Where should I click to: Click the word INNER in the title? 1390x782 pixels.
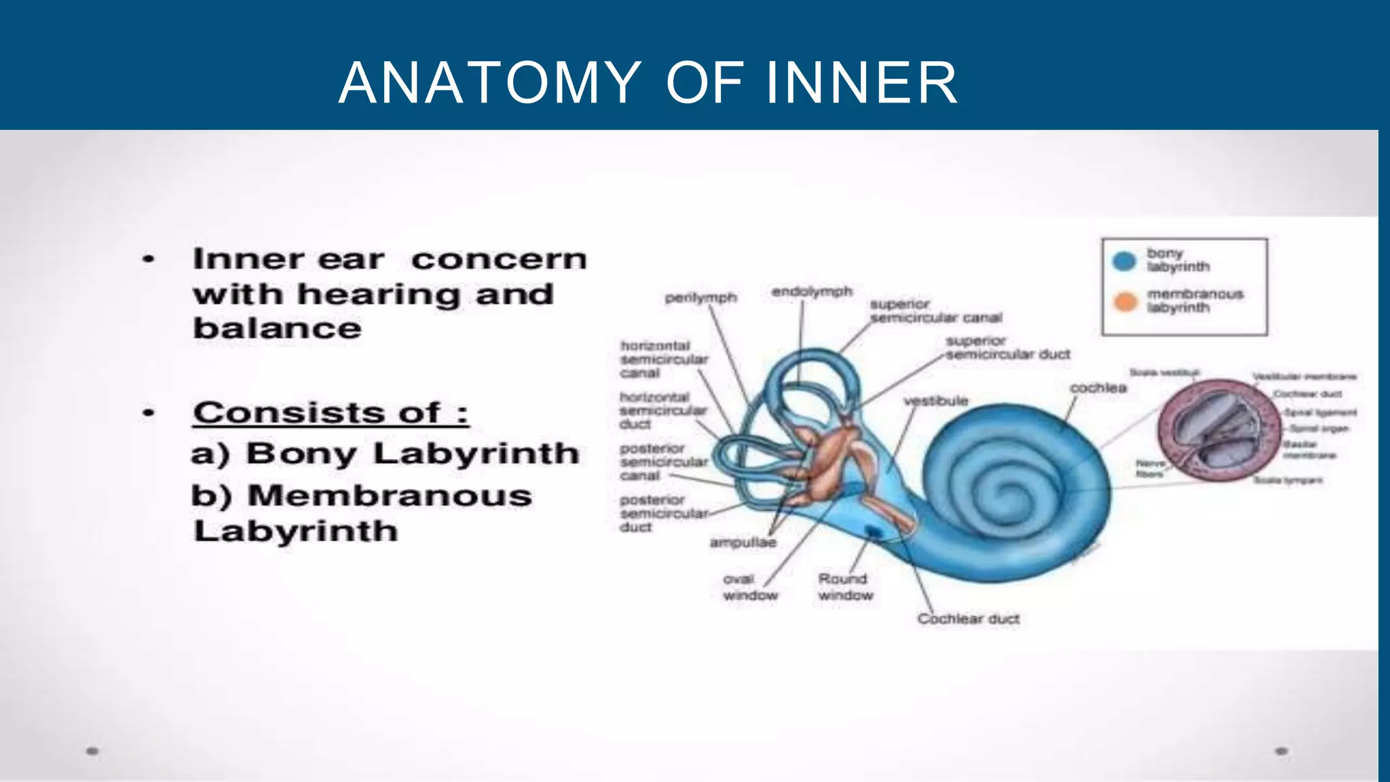(862, 83)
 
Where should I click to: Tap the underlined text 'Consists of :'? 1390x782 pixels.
(331, 413)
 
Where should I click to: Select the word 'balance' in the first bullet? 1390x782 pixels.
(277, 329)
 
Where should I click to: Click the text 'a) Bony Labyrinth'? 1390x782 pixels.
(385, 453)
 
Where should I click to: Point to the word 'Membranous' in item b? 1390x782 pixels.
(390, 496)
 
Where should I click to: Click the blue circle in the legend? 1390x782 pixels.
(1125, 261)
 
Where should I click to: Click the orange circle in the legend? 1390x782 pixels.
(1125, 301)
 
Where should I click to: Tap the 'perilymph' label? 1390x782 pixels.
(700, 298)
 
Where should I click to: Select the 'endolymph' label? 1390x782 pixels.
(812, 292)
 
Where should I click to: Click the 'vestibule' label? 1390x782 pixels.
(936, 401)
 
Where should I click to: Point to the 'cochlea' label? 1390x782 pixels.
(1098, 388)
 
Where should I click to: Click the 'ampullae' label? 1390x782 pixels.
(743, 542)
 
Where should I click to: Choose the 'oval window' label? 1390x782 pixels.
(749, 587)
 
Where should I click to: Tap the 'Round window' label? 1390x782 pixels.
(845, 587)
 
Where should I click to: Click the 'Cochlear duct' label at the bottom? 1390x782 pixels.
(968, 619)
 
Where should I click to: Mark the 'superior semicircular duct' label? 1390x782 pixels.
(1007, 348)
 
